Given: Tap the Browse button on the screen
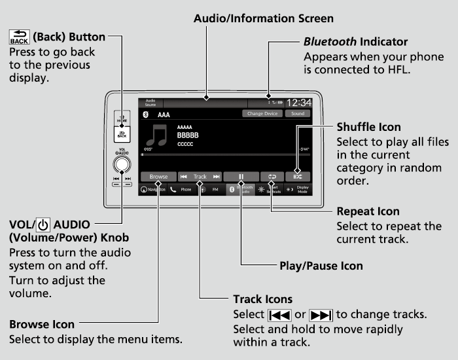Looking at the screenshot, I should (158, 177).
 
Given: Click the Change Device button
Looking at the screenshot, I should (262, 114).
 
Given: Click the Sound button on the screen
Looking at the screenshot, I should (298, 114).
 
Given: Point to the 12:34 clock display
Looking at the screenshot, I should (298, 103).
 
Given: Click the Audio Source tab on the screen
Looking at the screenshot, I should (150, 103).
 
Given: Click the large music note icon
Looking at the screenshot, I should (158, 135).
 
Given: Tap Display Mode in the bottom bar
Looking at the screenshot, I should (299, 189).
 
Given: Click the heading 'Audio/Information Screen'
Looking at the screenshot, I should (264, 18).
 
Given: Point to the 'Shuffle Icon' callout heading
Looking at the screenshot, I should (368, 126).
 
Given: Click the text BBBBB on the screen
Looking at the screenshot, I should (188, 135).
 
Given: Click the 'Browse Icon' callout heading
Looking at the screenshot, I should (42, 324).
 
